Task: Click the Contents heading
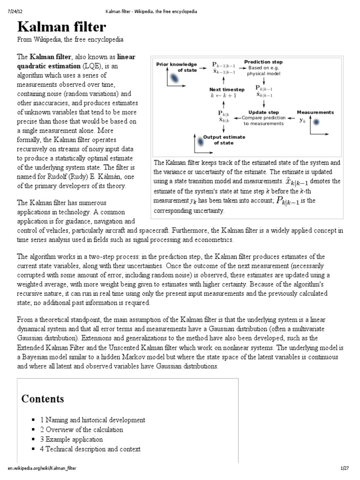pos(43,399)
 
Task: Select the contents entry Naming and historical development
pos(92,420)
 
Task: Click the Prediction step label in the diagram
pos(263,62)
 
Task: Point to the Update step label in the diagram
pos(263,112)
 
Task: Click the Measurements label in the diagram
pos(315,112)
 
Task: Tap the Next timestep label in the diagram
pos(226,89)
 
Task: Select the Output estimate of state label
pos(224,140)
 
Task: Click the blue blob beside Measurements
pos(316,122)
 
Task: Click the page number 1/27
pos(345,468)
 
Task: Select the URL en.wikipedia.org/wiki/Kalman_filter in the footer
pos(42,468)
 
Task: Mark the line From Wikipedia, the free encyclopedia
pos(70,39)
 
